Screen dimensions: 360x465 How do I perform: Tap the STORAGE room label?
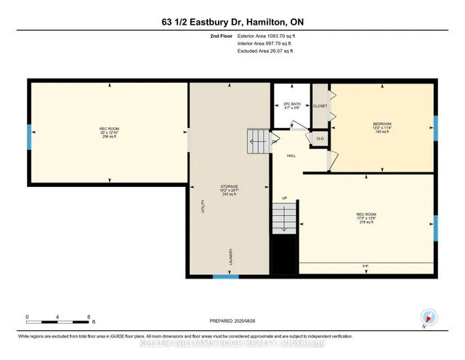click(230, 186)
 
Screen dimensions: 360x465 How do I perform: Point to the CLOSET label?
click(320, 106)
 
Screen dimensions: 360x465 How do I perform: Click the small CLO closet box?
click(320, 137)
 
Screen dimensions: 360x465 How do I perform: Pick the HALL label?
click(290, 155)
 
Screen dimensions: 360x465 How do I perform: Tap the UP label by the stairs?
click(285, 198)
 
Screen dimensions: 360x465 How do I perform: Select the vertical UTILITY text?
click(203, 207)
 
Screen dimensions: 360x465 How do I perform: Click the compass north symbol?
click(427, 316)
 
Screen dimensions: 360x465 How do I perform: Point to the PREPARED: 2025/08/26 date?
click(232, 321)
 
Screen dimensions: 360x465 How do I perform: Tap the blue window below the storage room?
click(225, 276)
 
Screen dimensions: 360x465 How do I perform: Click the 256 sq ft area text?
click(109, 137)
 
